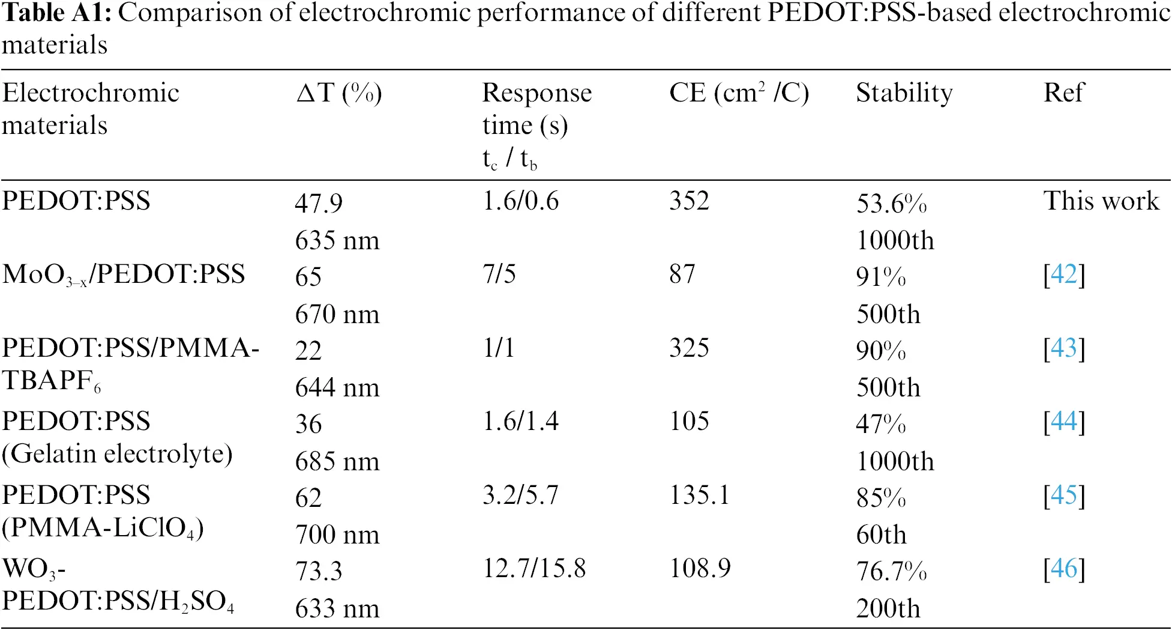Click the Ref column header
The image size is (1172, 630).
coord(1063,93)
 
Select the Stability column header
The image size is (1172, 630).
coord(904,93)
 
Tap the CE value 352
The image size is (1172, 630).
coord(689,201)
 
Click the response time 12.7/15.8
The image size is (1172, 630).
coord(534,568)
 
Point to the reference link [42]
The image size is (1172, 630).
coord(1064,274)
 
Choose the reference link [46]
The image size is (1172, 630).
coord(1064,568)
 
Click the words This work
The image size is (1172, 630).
coord(1101,201)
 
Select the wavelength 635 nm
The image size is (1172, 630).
coord(337,241)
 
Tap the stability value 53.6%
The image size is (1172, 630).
coord(891,204)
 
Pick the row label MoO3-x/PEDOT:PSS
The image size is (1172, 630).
coord(124,275)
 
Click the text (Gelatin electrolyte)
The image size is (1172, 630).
coord(117,454)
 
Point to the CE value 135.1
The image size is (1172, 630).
coord(699,495)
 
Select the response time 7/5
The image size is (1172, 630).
coord(499,274)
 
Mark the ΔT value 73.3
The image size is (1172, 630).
coord(318,571)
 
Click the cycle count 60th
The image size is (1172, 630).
coord(881,535)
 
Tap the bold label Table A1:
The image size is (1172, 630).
coord(56,13)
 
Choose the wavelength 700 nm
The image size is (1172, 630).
coord(337,535)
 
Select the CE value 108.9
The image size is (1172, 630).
coord(700,568)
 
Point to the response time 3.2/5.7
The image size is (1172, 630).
coord(520,495)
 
